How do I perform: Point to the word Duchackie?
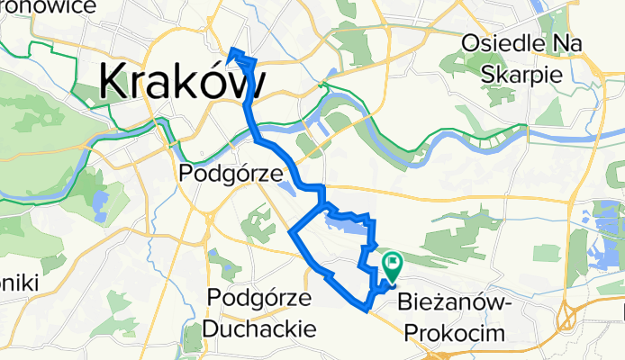click(259, 328)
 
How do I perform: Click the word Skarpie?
click(524, 74)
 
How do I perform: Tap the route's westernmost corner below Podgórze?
click(290, 232)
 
